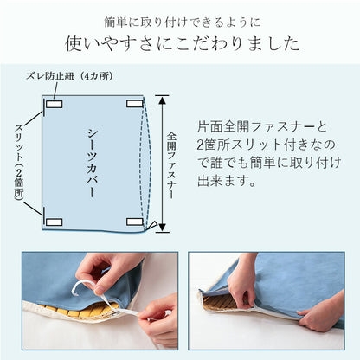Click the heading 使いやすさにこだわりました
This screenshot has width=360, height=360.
point(180,42)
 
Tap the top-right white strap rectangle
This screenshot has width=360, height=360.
point(134,104)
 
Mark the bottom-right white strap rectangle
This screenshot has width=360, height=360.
point(134,222)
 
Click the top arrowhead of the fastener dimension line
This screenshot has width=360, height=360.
point(158,98)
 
